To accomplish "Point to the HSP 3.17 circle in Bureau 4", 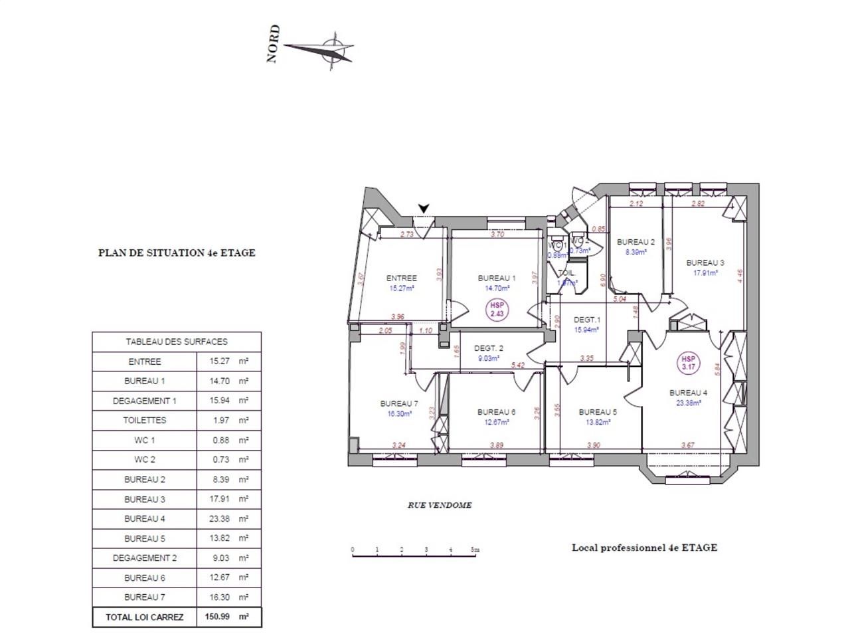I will tap(687, 363).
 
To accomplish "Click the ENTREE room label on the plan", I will tap(402, 278).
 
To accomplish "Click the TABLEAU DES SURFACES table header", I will tap(177, 342).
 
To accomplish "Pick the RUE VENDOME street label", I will tap(440, 505).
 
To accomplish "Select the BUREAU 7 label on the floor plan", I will tap(398, 403).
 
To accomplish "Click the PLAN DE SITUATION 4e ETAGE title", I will tap(177, 253).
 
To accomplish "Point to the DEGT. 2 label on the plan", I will tap(488, 348).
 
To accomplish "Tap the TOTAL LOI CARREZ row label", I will tap(145, 617).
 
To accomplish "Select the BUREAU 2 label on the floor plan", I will tap(636, 243).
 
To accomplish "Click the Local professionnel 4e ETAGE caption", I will tap(644, 548).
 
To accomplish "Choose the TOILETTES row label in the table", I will tap(145, 420).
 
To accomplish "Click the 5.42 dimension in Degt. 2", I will tap(519, 365).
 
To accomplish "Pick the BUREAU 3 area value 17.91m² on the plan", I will tap(705, 272).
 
